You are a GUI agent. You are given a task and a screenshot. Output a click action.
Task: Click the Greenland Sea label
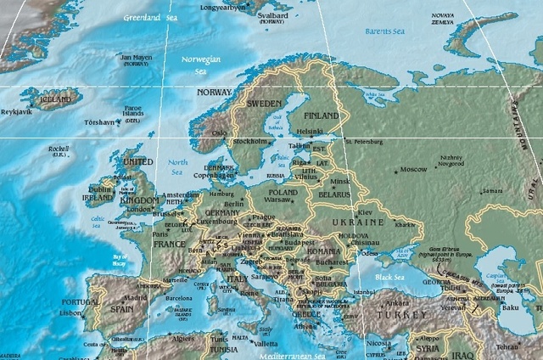click(x=149, y=17)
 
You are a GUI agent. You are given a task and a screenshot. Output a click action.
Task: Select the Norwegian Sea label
click(x=201, y=65)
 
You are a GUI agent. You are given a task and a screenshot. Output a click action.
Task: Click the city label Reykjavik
click(x=17, y=111)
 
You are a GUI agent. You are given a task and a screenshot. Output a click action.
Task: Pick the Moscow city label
click(x=413, y=169)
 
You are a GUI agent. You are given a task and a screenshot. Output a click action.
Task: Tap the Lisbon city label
click(x=70, y=312)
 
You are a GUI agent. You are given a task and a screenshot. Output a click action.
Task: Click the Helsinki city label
click(x=310, y=131)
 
